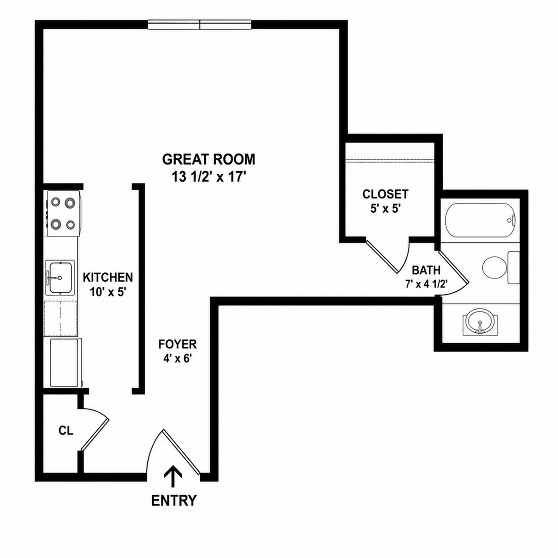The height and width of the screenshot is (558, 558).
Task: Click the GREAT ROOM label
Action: [209, 160]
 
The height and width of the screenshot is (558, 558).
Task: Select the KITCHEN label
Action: [108, 277]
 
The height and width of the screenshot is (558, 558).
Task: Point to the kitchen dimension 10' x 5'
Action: [108, 292]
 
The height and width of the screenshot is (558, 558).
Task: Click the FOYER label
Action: [178, 344]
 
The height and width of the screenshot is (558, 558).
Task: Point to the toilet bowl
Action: [494, 268]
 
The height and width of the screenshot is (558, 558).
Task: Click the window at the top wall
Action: [199, 25]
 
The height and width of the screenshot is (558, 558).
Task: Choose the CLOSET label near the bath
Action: [385, 194]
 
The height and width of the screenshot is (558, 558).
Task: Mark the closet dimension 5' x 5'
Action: [385, 209]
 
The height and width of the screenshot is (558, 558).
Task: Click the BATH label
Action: [426, 270]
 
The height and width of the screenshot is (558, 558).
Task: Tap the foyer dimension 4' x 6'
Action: [178, 359]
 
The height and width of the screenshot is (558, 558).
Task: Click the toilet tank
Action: [514, 268]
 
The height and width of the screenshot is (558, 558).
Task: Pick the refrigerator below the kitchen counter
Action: [65, 363]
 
